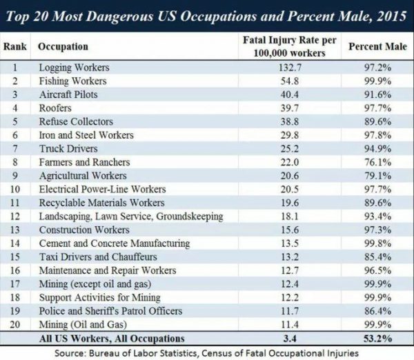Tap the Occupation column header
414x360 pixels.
[x=63, y=47]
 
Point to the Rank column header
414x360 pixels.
[x=16, y=47]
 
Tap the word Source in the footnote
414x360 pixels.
[x=75, y=352]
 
